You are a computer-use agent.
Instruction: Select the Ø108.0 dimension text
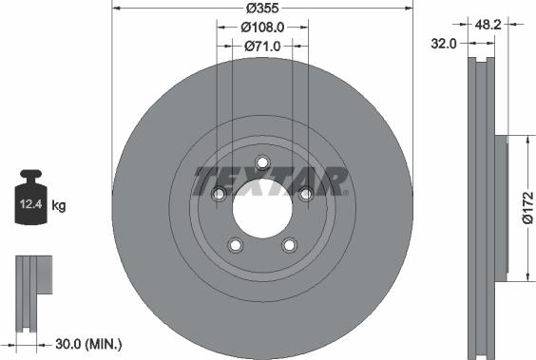(x=262, y=27)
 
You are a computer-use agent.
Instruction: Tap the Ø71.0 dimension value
(x=262, y=46)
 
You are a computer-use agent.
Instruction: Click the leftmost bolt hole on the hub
(x=220, y=194)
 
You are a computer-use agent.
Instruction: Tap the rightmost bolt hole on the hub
(x=306, y=194)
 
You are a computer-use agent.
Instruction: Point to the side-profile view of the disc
(x=484, y=204)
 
